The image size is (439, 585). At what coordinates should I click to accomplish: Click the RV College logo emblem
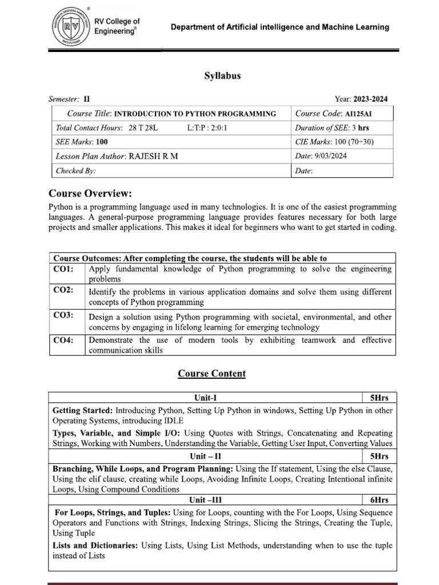72,27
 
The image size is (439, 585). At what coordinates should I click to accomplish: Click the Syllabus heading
222,75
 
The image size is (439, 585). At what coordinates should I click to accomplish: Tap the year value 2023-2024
370,99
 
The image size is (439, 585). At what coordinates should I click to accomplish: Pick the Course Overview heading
90,194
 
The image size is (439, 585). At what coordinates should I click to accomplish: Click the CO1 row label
63,268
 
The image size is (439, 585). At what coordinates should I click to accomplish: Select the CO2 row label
63,291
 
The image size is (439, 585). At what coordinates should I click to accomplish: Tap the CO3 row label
63,315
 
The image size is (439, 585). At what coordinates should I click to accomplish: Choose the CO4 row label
63,340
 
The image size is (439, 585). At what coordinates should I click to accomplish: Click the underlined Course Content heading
211,374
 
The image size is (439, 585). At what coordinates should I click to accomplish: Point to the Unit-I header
206,398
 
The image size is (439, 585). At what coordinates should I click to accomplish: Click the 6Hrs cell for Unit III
379,500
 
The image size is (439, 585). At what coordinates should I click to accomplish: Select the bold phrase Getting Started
82,410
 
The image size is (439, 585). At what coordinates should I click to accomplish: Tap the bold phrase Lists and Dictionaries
95,546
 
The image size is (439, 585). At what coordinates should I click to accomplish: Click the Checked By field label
75,171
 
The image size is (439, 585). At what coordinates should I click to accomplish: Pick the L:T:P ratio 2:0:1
207,128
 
